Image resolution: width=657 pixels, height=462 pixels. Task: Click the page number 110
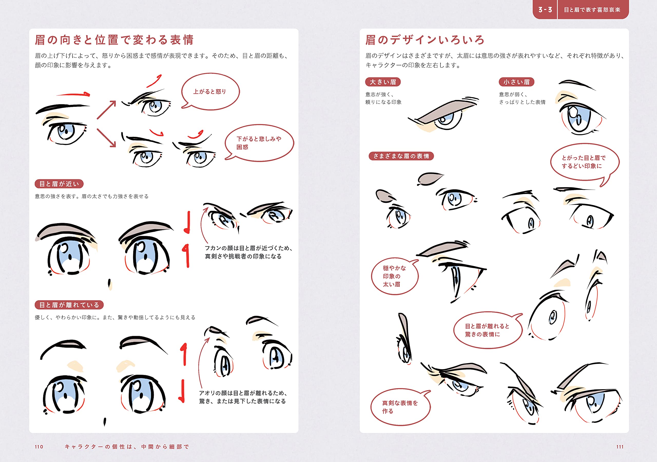pyautogui.click(x=39, y=447)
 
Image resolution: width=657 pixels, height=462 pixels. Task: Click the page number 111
pyautogui.click(x=620, y=447)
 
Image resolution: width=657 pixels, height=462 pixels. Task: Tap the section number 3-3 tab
pyautogui.click(x=545, y=9)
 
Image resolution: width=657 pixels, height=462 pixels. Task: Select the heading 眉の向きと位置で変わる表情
pyautogui.click(x=114, y=40)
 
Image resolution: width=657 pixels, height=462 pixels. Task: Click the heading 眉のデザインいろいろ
pyautogui.click(x=425, y=40)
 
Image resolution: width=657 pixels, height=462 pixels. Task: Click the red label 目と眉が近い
pyautogui.click(x=59, y=184)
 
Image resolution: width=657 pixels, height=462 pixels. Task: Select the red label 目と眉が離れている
pyautogui.click(x=69, y=305)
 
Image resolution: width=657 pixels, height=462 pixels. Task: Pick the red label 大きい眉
pyautogui.click(x=383, y=82)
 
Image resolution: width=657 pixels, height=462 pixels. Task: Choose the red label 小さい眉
pyautogui.click(x=517, y=82)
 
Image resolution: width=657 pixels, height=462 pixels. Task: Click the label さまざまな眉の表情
pyautogui.click(x=401, y=156)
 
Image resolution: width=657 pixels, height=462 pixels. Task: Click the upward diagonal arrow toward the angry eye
pyautogui.click(x=107, y=110)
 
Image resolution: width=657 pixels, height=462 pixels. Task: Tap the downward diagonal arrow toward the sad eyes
pyautogui.click(x=107, y=138)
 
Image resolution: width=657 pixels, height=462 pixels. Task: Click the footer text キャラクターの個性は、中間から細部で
pyautogui.click(x=127, y=447)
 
